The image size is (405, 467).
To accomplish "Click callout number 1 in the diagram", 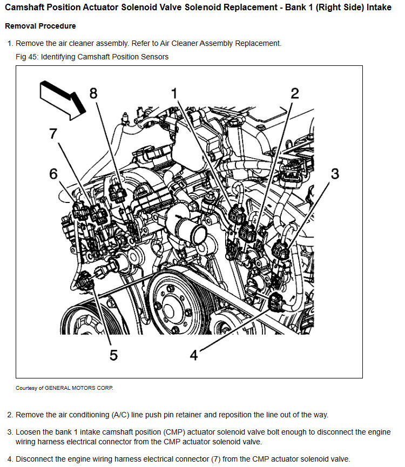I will click(174, 93).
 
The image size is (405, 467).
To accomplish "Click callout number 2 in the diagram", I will click(295, 93).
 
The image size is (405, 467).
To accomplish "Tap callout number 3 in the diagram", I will click(335, 174).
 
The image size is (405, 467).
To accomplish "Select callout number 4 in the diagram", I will click(194, 355).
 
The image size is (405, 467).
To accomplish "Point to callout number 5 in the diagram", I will click(114, 355).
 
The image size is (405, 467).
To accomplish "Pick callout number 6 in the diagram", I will click(53, 173).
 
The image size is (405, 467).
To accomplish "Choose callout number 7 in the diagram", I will click(53, 133).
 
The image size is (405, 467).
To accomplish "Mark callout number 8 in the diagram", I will click(93, 93).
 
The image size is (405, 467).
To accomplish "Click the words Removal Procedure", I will click(40, 26).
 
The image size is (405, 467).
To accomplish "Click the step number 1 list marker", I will click(9, 43).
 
